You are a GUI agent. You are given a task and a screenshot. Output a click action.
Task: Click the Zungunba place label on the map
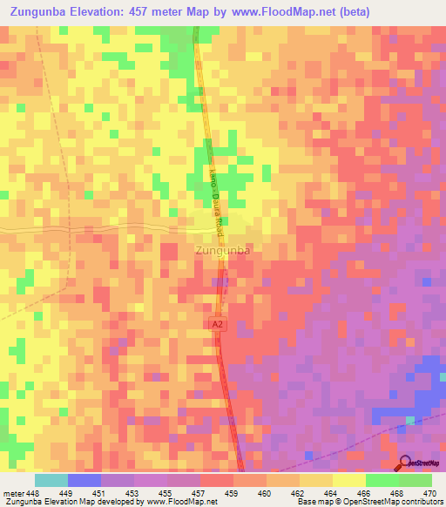223,251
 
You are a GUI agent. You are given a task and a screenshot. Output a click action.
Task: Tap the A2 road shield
218,324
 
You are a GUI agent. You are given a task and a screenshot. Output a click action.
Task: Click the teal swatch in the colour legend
51,480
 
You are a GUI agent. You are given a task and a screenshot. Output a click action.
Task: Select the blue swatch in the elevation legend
84,480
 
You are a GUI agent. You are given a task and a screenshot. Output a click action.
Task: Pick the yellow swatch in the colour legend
349,480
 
